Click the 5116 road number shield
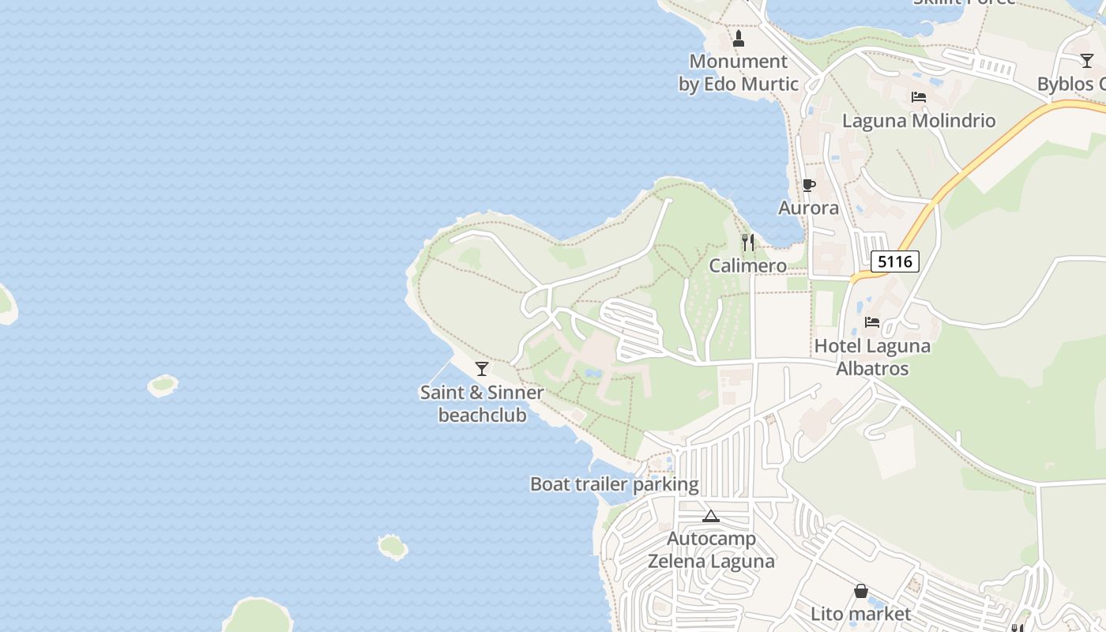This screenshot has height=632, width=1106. point(895,261)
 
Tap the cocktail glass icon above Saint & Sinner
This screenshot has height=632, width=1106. point(482,369)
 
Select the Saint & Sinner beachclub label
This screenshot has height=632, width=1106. point(482,404)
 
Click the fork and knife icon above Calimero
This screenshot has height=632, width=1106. point(747,243)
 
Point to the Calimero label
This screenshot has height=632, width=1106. point(747,265)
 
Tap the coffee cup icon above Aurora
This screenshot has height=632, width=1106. point(808,185)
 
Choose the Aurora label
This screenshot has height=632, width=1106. point(808,208)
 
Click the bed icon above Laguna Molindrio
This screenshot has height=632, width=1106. point(918,97)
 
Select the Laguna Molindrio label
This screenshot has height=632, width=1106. point(918,121)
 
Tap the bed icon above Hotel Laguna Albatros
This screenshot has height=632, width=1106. point(872,322)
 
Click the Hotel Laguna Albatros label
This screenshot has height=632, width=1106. point(872,357)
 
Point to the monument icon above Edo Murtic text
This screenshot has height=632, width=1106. point(739,38)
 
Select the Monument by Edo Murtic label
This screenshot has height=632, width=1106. point(739,73)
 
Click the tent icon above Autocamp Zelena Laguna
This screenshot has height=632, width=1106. point(711,517)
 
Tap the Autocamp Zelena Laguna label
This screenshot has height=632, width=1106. point(711,550)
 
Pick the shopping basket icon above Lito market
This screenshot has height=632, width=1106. point(861,591)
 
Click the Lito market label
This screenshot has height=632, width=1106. point(861,614)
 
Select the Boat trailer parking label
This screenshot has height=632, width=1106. point(614,484)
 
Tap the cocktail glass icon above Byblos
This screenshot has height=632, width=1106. point(1087,61)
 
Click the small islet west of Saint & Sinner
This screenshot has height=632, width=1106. point(163,386)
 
